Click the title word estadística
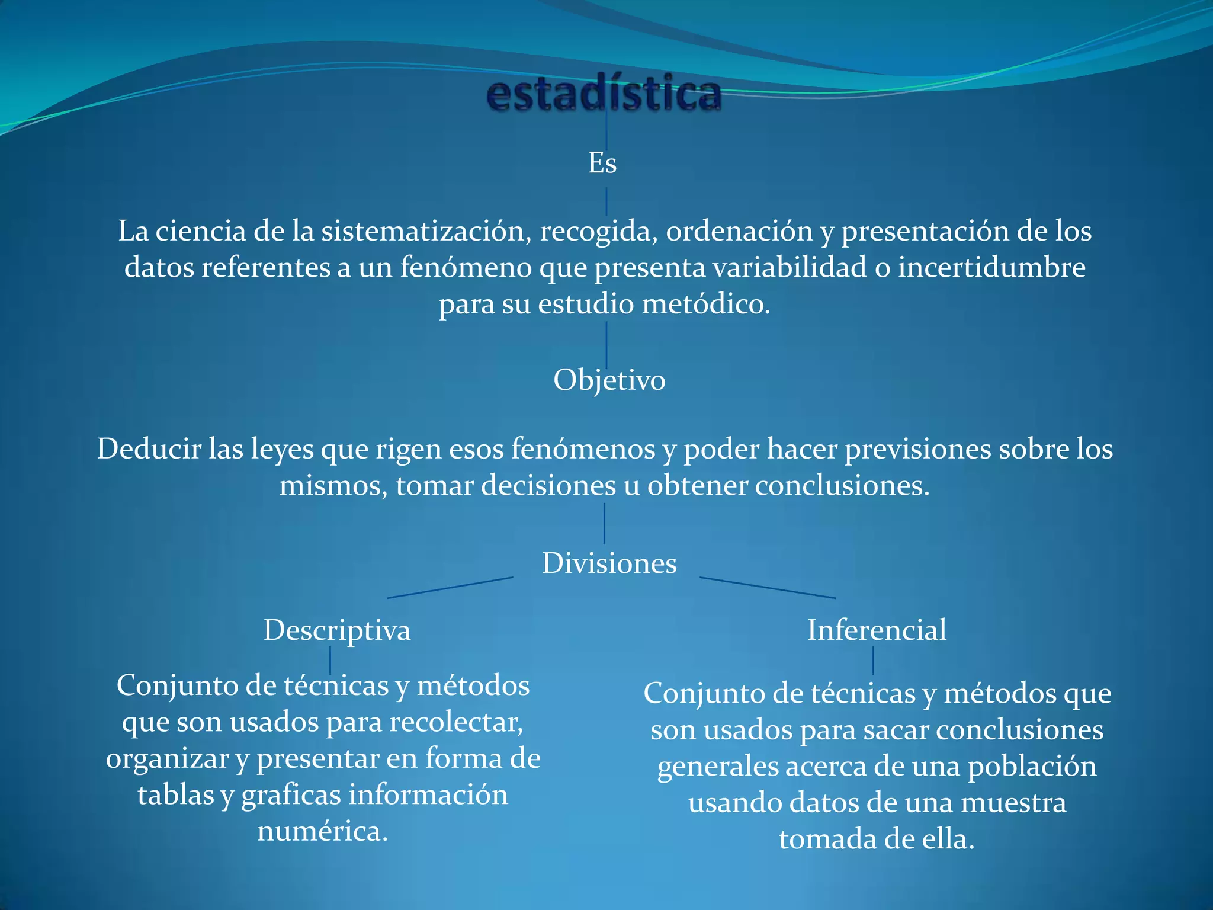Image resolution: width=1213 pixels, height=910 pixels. tap(604, 94)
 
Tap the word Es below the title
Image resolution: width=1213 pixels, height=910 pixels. tap(602, 163)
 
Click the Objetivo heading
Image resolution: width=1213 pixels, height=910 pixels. tap(609, 380)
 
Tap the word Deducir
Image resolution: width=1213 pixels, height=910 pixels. tap(149, 448)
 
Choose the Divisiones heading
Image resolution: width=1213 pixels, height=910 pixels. tap(609, 563)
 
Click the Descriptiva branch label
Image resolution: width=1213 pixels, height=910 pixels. tap(337, 630)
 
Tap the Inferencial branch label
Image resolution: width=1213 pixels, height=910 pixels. tap(877, 630)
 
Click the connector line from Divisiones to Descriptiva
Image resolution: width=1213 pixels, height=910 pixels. tap(450, 587)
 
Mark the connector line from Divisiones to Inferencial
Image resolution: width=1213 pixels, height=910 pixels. tap(768, 587)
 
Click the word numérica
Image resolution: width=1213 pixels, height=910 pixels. tap(323, 831)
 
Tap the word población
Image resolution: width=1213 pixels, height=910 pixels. tap(1032, 767)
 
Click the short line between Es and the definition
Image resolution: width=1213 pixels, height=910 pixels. tap(606, 201)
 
